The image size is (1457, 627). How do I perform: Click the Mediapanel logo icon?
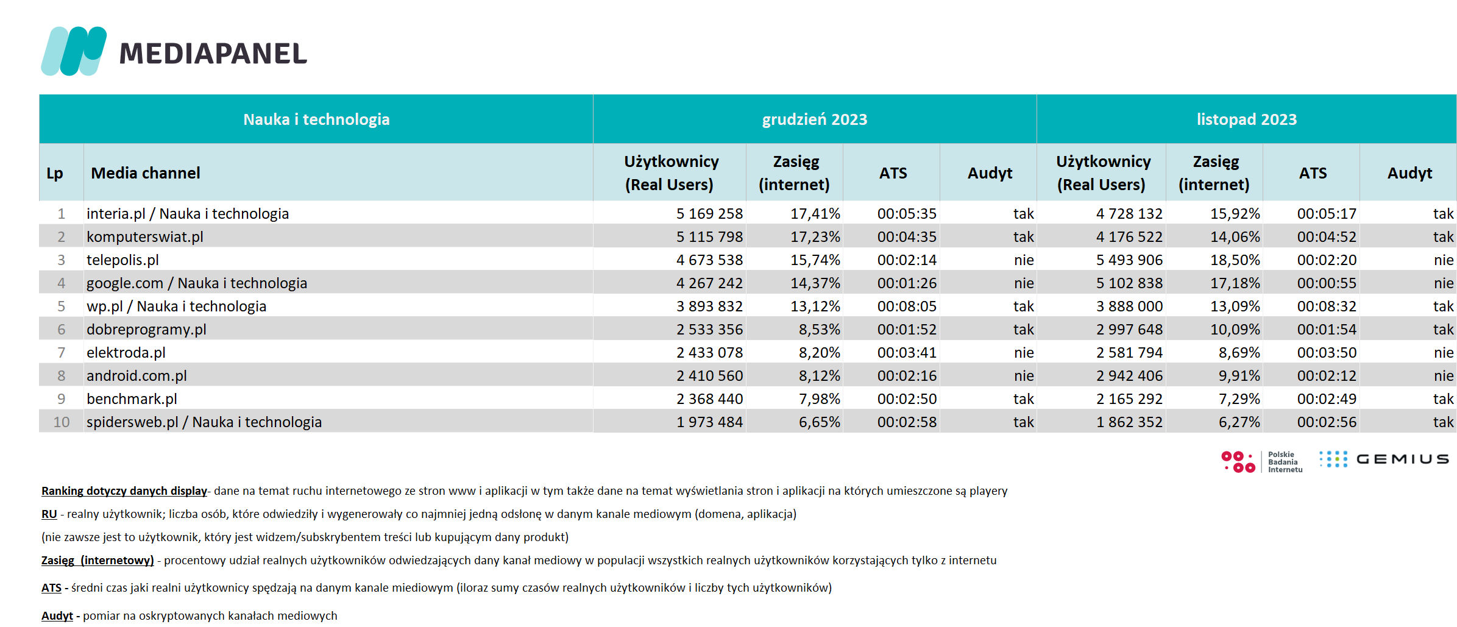pyautogui.click(x=74, y=51)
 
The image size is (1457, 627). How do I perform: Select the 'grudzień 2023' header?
pyautogui.click(x=814, y=119)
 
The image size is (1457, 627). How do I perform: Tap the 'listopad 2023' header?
pyautogui.click(x=1246, y=119)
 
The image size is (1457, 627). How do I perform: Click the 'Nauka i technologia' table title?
pyautogui.click(x=316, y=119)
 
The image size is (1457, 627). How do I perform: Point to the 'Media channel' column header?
pyautogui.click(x=146, y=173)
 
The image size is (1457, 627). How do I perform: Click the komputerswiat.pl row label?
pyautogui.click(x=145, y=237)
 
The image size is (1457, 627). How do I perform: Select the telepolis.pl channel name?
pyautogui.click(x=122, y=260)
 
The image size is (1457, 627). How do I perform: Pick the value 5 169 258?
pyautogui.click(x=709, y=214)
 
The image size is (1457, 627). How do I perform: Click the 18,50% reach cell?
pyautogui.click(x=1235, y=260)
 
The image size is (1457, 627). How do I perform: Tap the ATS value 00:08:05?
pyautogui.click(x=907, y=306)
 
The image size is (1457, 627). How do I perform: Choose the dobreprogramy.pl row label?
pyautogui.click(x=146, y=330)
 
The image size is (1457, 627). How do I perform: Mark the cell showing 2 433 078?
pyautogui.click(x=709, y=353)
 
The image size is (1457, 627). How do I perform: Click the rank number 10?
pyautogui.click(x=61, y=422)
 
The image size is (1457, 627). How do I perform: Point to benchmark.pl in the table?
pyautogui.click(x=132, y=399)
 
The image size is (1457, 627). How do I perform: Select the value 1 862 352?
pyautogui.click(x=1129, y=422)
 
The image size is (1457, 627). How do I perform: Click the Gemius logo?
pyautogui.click(x=1384, y=459)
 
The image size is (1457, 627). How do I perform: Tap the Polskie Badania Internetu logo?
pyautogui.click(x=1261, y=462)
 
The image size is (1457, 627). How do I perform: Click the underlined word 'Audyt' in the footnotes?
pyautogui.click(x=57, y=615)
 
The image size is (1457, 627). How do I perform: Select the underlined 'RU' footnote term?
pyautogui.click(x=49, y=514)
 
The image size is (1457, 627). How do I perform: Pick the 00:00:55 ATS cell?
pyautogui.click(x=1327, y=283)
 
